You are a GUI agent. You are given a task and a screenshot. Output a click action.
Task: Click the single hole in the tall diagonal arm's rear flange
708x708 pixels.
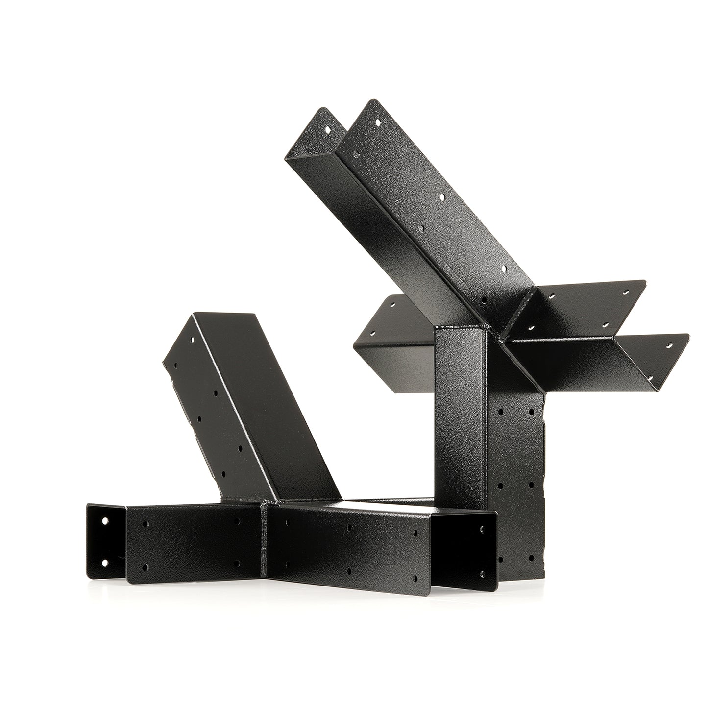[x=329, y=129]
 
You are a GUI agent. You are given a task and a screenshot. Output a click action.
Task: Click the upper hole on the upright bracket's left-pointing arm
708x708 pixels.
[x=391, y=304]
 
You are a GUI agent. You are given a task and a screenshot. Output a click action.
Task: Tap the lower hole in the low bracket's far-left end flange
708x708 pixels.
[x=105, y=562]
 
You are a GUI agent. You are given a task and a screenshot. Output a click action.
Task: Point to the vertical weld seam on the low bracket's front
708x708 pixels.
[x=265, y=539]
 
